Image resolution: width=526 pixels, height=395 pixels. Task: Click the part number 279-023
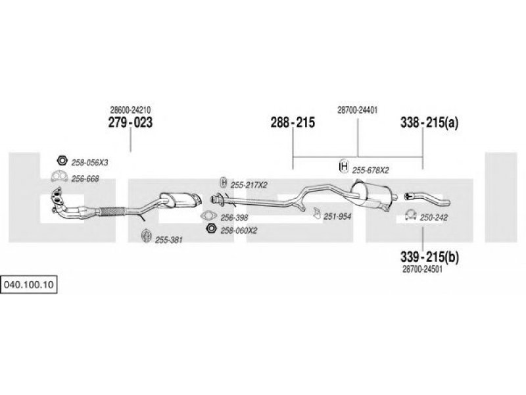[130, 122]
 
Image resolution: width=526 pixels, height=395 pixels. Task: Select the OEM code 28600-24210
[130, 110]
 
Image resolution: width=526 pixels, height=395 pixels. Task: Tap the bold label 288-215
[293, 122]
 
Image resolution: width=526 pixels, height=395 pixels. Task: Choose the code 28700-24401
[357, 110]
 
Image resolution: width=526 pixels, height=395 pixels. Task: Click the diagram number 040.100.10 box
[30, 285]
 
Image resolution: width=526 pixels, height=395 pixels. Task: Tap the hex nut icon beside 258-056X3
[60, 161]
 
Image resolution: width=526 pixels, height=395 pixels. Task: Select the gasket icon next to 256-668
[59, 176]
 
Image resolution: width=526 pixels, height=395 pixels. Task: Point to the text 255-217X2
[249, 185]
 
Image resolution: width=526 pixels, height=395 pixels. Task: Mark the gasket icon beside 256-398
[210, 215]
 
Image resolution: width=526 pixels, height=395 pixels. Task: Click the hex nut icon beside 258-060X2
[211, 228]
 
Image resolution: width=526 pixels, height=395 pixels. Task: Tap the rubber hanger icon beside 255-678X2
[343, 167]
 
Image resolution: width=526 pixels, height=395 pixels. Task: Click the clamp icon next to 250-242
[409, 214]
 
